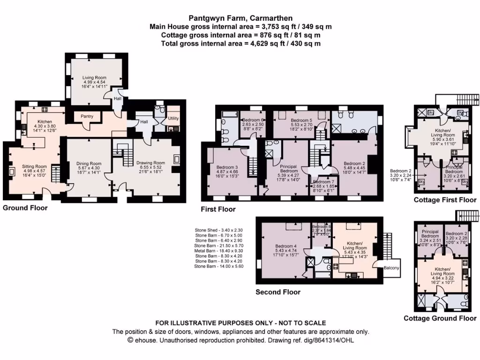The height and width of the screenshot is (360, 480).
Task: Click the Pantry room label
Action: [x=87, y=116]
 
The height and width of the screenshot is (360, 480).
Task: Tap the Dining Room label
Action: [x=89, y=164]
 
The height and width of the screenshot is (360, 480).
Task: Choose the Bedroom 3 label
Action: [x=227, y=167]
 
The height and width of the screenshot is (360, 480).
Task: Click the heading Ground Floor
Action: [x=25, y=208]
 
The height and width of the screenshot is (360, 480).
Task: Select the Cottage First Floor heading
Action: [x=445, y=200]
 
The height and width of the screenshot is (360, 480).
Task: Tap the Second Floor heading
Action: [x=278, y=292]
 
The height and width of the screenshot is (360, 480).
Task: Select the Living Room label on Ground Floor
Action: [x=94, y=78]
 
